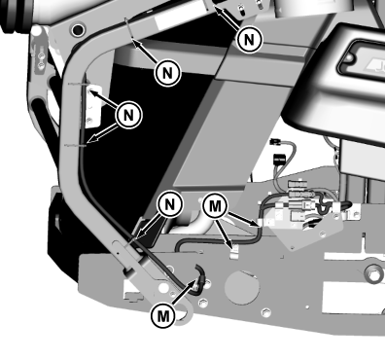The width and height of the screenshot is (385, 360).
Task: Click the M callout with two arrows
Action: [x=215, y=206]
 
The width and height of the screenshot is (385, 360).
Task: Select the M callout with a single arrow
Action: [x=163, y=315]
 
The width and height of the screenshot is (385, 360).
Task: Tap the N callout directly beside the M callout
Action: [x=169, y=204]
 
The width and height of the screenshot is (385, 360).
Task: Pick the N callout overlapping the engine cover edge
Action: [x=249, y=40]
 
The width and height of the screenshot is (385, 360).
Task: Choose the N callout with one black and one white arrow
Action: [x=128, y=115]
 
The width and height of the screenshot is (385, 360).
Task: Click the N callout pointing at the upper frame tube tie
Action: [x=167, y=73]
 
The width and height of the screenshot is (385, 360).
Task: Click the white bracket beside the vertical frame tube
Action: [x=94, y=105]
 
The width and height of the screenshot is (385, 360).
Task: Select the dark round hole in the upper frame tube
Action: [x=78, y=30]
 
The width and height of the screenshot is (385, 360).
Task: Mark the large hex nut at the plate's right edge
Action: [x=374, y=275]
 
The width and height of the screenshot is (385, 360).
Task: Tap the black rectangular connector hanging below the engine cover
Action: [x=279, y=160]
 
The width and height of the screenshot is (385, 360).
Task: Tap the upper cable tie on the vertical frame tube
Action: [x=79, y=84]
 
